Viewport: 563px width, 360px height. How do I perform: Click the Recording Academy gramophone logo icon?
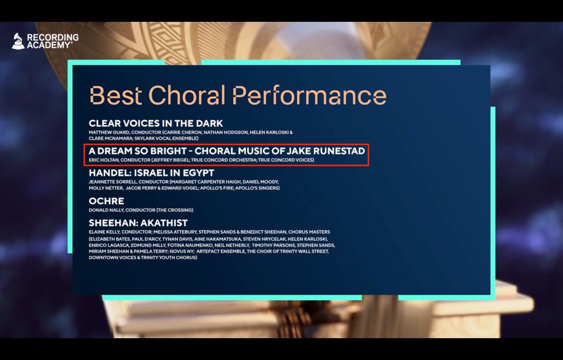click(18, 41)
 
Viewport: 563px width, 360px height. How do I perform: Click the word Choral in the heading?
click(187, 95)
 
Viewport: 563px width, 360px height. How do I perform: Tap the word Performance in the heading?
click(310, 95)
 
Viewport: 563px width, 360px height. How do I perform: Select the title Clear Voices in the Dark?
click(156, 123)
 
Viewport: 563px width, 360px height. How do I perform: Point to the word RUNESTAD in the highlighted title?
click(339, 151)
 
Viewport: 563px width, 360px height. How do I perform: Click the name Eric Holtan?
click(103, 160)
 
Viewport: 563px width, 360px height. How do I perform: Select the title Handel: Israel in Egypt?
click(151, 173)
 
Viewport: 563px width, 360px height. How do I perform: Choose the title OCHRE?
click(106, 201)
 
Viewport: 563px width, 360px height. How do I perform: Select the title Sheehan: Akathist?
click(138, 223)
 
